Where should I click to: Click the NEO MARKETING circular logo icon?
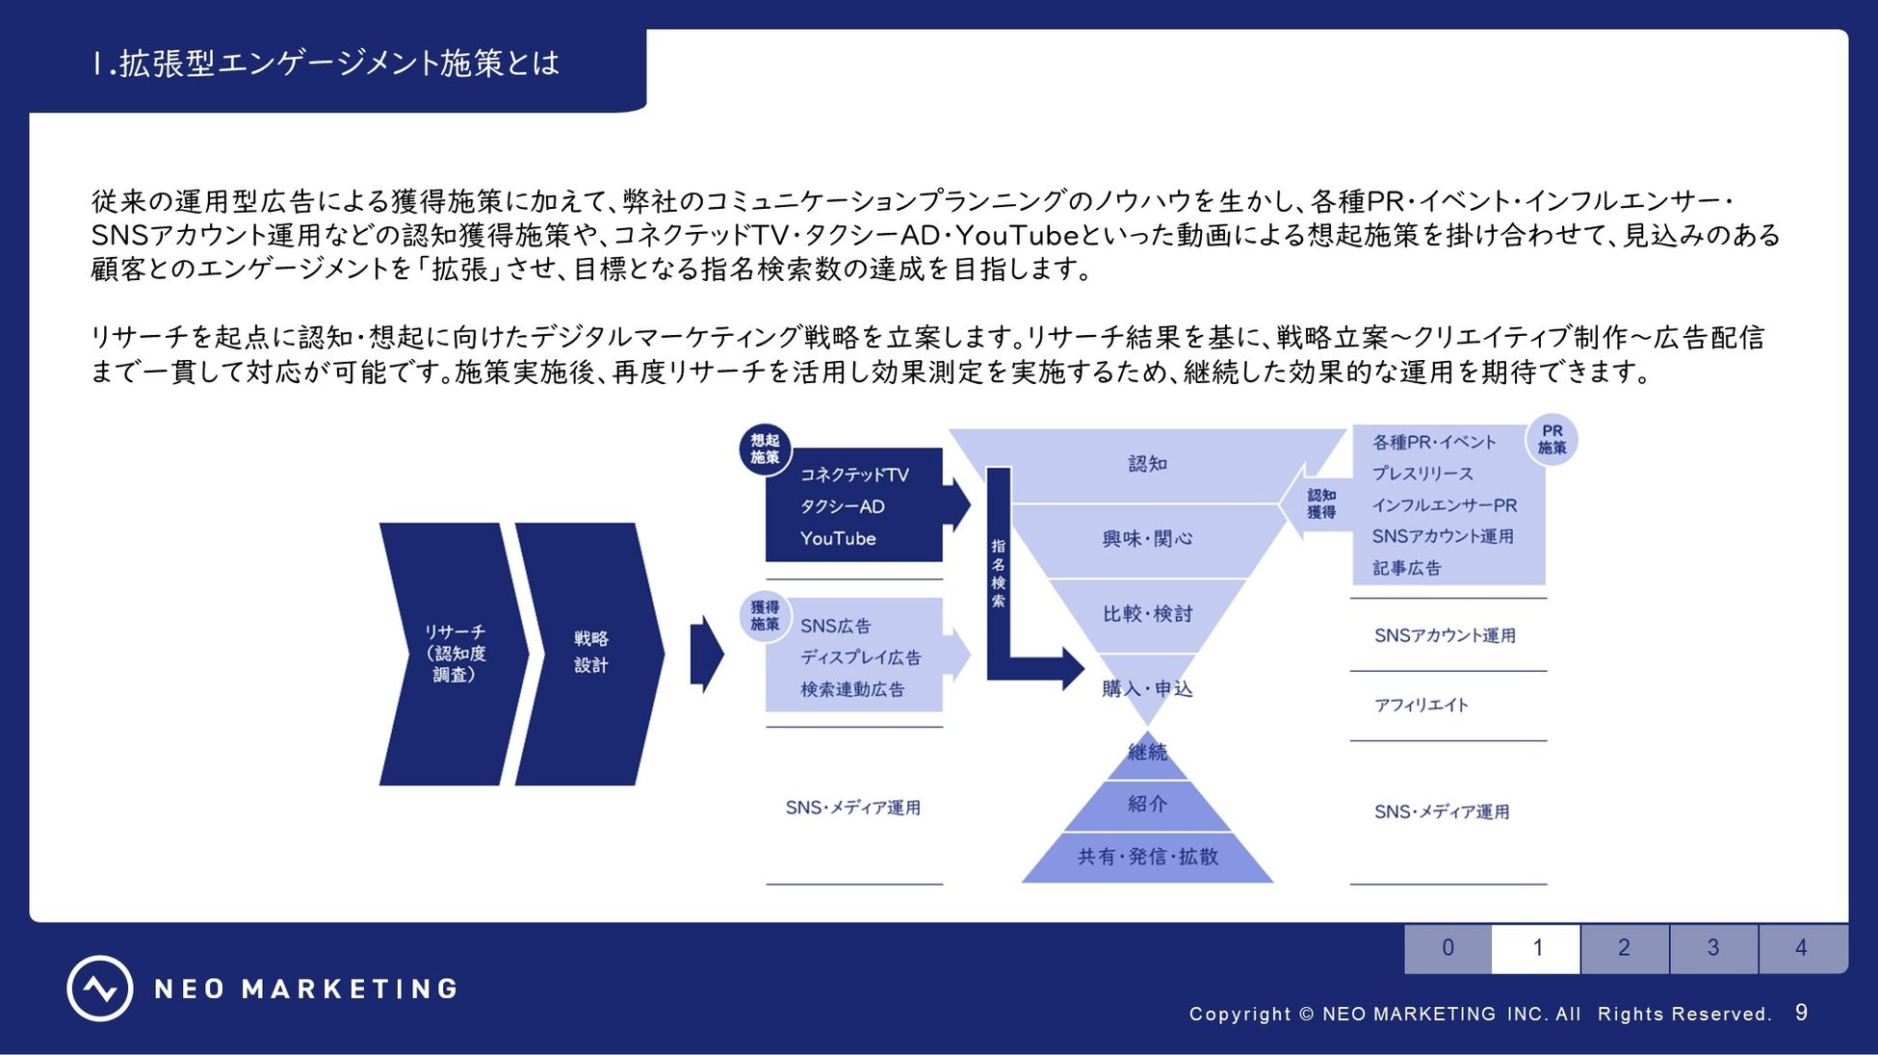click(x=99, y=989)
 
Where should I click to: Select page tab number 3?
click(x=1712, y=948)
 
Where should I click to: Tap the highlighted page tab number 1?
click(x=1536, y=948)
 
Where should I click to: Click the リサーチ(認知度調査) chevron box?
click(x=454, y=654)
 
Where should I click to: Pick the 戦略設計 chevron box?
click(x=590, y=653)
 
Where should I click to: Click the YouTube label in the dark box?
click(x=838, y=539)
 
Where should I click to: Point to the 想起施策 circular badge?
click(x=765, y=450)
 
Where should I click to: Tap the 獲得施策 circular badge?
click(x=765, y=616)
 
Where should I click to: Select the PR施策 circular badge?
click(x=1552, y=440)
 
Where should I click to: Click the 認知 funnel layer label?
click(x=1147, y=464)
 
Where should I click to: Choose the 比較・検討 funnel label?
click(x=1147, y=614)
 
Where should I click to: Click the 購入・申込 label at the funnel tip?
click(x=1147, y=689)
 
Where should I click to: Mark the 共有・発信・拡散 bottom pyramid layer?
click(x=1147, y=857)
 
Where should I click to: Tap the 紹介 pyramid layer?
click(x=1147, y=805)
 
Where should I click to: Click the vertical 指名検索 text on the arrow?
click(x=999, y=573)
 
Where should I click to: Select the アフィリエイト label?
click(x=1421, y=706)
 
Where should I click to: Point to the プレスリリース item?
click(x=1422, y=474)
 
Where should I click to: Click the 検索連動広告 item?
click(x=852, y=689)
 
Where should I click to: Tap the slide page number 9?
click(x=1801, y=1013)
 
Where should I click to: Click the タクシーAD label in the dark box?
click(x=842, y=507)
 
